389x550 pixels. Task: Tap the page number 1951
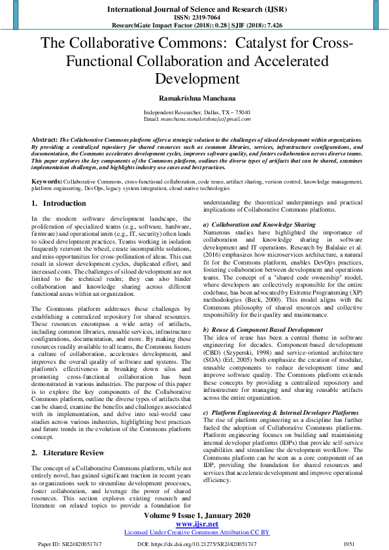click(x=349, y=543)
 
